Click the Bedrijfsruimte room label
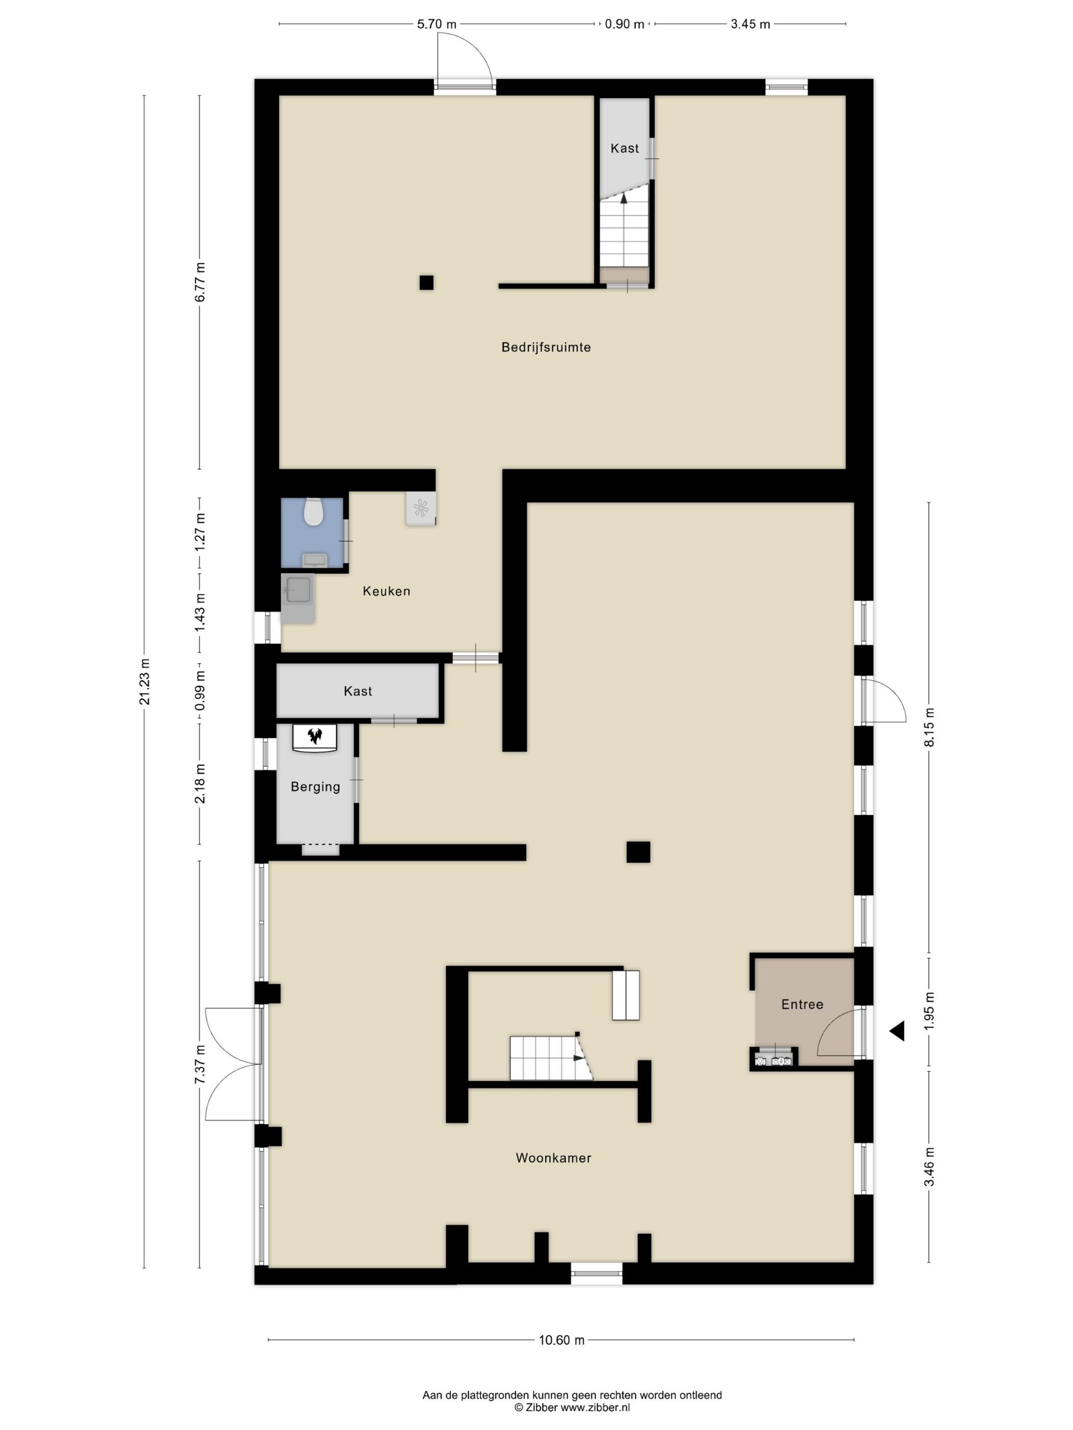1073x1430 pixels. pyautogui.click(x=546, y=347)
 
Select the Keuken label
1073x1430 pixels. pyautogui.click(x=386, y=591)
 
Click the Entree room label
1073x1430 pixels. pyautogui.click(x=802, y=1004)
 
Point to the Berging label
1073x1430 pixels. pyautogui.click(x=315, y=787)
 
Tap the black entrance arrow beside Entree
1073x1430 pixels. pyautogui.click(x=897, y=1031)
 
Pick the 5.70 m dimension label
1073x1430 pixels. pyautogui.click(x=436, y=25)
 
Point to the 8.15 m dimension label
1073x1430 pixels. pyautogui.click(x=929, y=727)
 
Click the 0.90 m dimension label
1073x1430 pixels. pyautogui.click(x=624, y=25)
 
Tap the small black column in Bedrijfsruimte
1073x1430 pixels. pyautogui.click(x=426, y=282)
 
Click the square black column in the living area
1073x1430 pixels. pyautogui.click(x=638, y=852)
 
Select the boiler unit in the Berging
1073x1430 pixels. pyautogui.click(x=315, y=737)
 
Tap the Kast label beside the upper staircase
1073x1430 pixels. pyautogui.click(x=624, y=148)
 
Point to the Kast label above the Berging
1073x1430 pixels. pyautogui.click(x=358, y=691)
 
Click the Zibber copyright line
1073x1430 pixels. pyautogui.click(x=572, y=1407)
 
